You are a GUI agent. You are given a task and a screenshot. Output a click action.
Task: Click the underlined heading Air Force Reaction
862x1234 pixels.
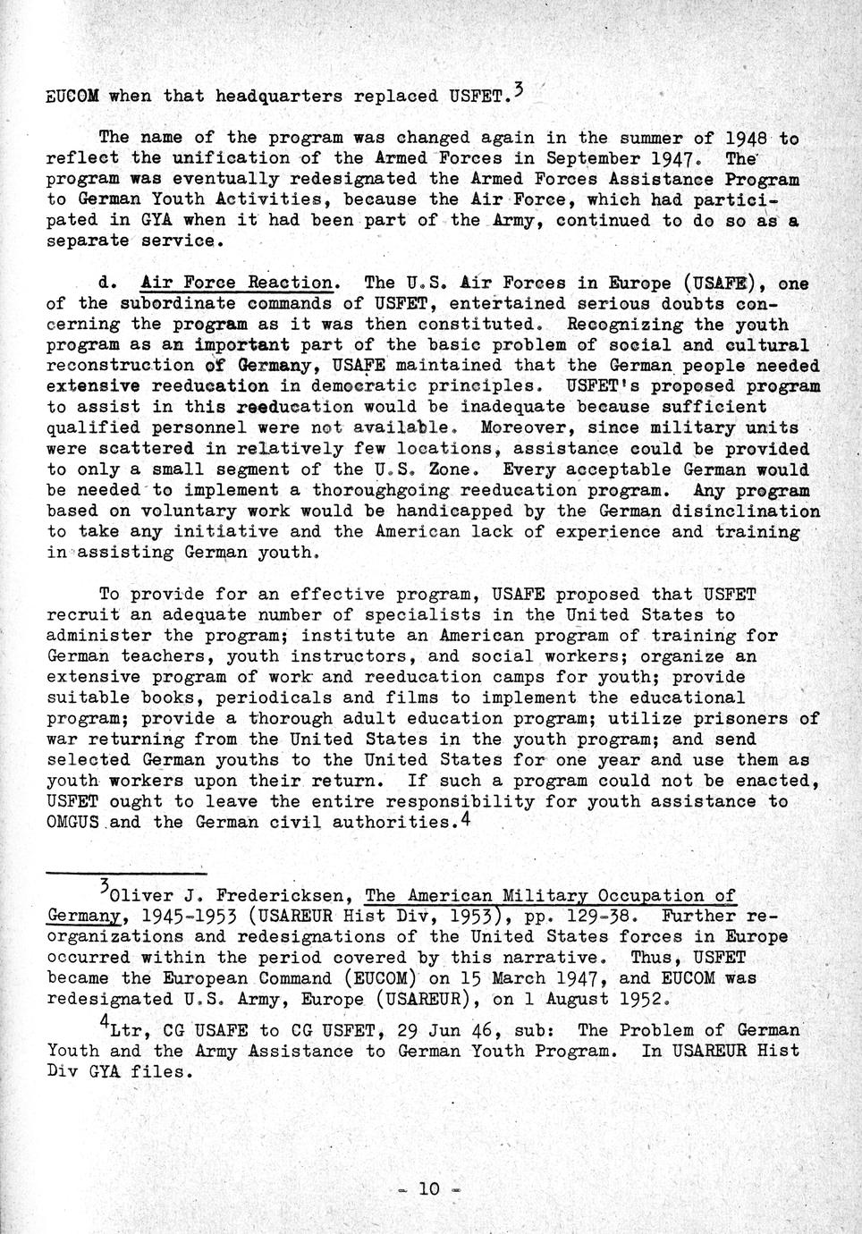click(x=240, y=283)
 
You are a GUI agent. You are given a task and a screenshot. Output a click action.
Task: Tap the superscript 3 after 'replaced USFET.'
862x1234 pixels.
click(x=519, y=89)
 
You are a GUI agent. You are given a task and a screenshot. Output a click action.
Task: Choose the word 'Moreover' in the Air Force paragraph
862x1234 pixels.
click(x=517, y=427)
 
